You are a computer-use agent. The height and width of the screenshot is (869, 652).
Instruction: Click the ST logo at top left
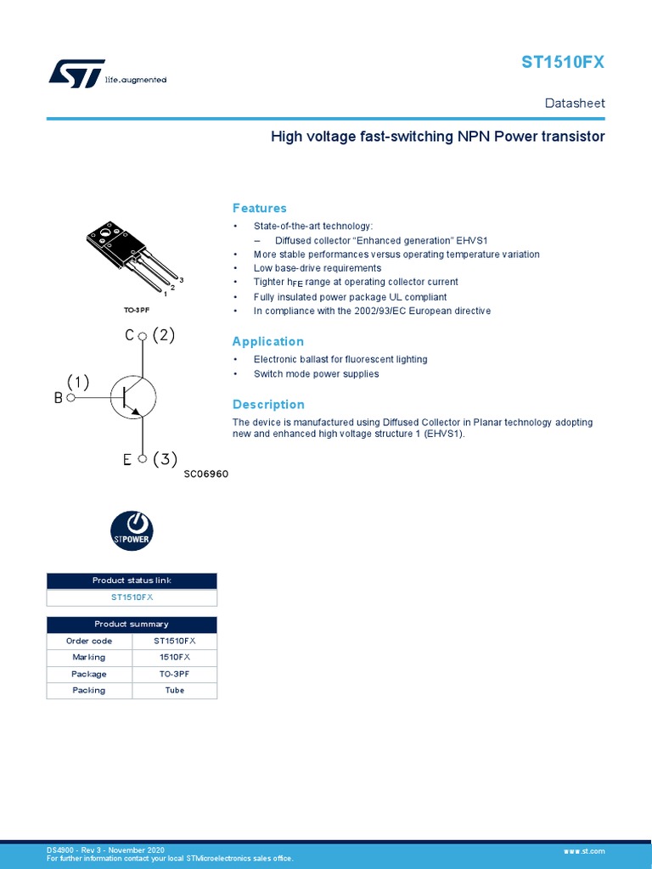76,73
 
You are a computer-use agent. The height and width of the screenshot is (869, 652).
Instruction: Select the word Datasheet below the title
575,104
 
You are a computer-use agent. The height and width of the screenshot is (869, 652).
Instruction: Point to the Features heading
260,208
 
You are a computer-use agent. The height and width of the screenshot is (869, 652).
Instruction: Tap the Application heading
268,341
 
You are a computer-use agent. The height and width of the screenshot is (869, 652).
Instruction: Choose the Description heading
268,404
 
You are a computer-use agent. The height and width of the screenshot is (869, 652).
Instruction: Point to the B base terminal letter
59,397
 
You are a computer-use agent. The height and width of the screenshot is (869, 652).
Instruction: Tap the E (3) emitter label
149,460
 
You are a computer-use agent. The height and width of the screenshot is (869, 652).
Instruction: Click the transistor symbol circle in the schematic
133,396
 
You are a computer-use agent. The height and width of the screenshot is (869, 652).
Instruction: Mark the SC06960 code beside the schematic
206,474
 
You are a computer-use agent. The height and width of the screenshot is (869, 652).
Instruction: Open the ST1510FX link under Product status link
132,597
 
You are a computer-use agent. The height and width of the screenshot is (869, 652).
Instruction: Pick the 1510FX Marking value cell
175,657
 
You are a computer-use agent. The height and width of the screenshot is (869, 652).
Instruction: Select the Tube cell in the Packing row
175,690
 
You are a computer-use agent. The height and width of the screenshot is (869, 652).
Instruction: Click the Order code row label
89,641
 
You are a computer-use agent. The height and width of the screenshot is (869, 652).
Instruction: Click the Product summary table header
132,624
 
